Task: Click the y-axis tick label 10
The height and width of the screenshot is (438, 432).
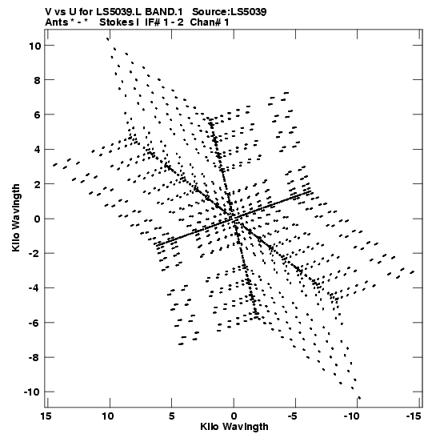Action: click(35, 46)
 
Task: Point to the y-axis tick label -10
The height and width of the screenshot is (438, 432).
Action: click(32, 392)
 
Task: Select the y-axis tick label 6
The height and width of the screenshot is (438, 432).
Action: click(38, 115)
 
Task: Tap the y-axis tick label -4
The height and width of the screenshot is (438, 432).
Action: click(35, 288)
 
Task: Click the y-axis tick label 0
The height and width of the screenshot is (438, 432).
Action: click(38, 219)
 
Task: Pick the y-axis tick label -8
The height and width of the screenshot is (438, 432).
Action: click(35, 358)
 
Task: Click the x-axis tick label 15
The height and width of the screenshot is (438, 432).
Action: click(46, 416)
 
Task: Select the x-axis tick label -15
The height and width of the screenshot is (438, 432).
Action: click(414, 416)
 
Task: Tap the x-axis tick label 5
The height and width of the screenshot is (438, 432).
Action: click(172, 416)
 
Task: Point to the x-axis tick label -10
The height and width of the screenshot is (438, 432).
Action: click(351, 416)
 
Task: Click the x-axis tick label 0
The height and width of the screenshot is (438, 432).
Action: click(234, 416)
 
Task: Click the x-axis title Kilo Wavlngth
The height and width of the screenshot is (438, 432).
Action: click(234, 427)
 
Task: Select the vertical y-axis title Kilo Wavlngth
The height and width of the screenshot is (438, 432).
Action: click(16, 218)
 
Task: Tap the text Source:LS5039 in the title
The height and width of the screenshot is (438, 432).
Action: click(230, 12)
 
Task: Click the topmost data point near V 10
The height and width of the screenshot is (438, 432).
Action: click(108, 38)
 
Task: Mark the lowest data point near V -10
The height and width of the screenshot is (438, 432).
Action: click(359, 398)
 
